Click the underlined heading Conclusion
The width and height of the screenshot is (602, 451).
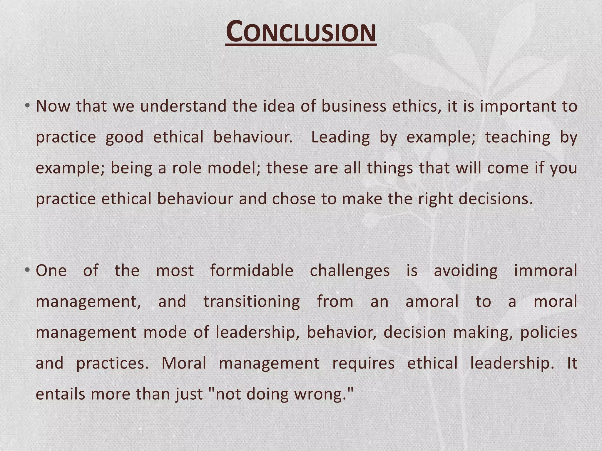tap(301, 32)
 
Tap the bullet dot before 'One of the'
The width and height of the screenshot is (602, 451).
tap(27, 270)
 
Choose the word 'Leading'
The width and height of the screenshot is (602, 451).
tap(340, 137)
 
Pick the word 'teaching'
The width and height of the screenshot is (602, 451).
tap(518, 137)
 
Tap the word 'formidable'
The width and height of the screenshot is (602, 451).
tap(252, 270)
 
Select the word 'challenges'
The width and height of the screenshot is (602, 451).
tap(350, 271)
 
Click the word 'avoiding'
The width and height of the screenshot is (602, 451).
tap(466, 271)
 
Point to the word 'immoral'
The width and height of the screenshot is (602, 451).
tap(546, 270)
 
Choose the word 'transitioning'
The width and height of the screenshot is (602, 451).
tap(252, 302)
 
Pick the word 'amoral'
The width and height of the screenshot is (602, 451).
tap(432, 302)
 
